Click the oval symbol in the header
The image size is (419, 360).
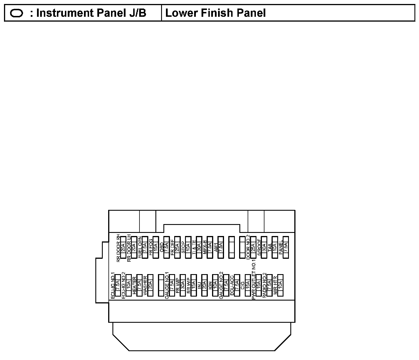pos(17,13)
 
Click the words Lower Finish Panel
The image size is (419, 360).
pos(215,13)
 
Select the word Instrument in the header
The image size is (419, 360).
pos(61,13)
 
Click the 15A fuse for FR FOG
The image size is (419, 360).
pos(155,247)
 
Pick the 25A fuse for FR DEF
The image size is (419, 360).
pos(177,247)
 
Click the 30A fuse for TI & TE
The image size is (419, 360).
pos(199,247)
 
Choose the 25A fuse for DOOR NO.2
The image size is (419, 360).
pos(253,247)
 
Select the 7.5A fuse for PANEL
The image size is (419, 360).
pos(286,247)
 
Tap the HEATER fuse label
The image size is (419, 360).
pos(134,285)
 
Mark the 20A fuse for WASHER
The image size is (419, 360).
pos(150,285)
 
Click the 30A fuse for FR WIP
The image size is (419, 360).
pos(182,285)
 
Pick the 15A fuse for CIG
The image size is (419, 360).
pos(248,285)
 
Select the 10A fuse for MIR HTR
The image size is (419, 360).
pos(280,285)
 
